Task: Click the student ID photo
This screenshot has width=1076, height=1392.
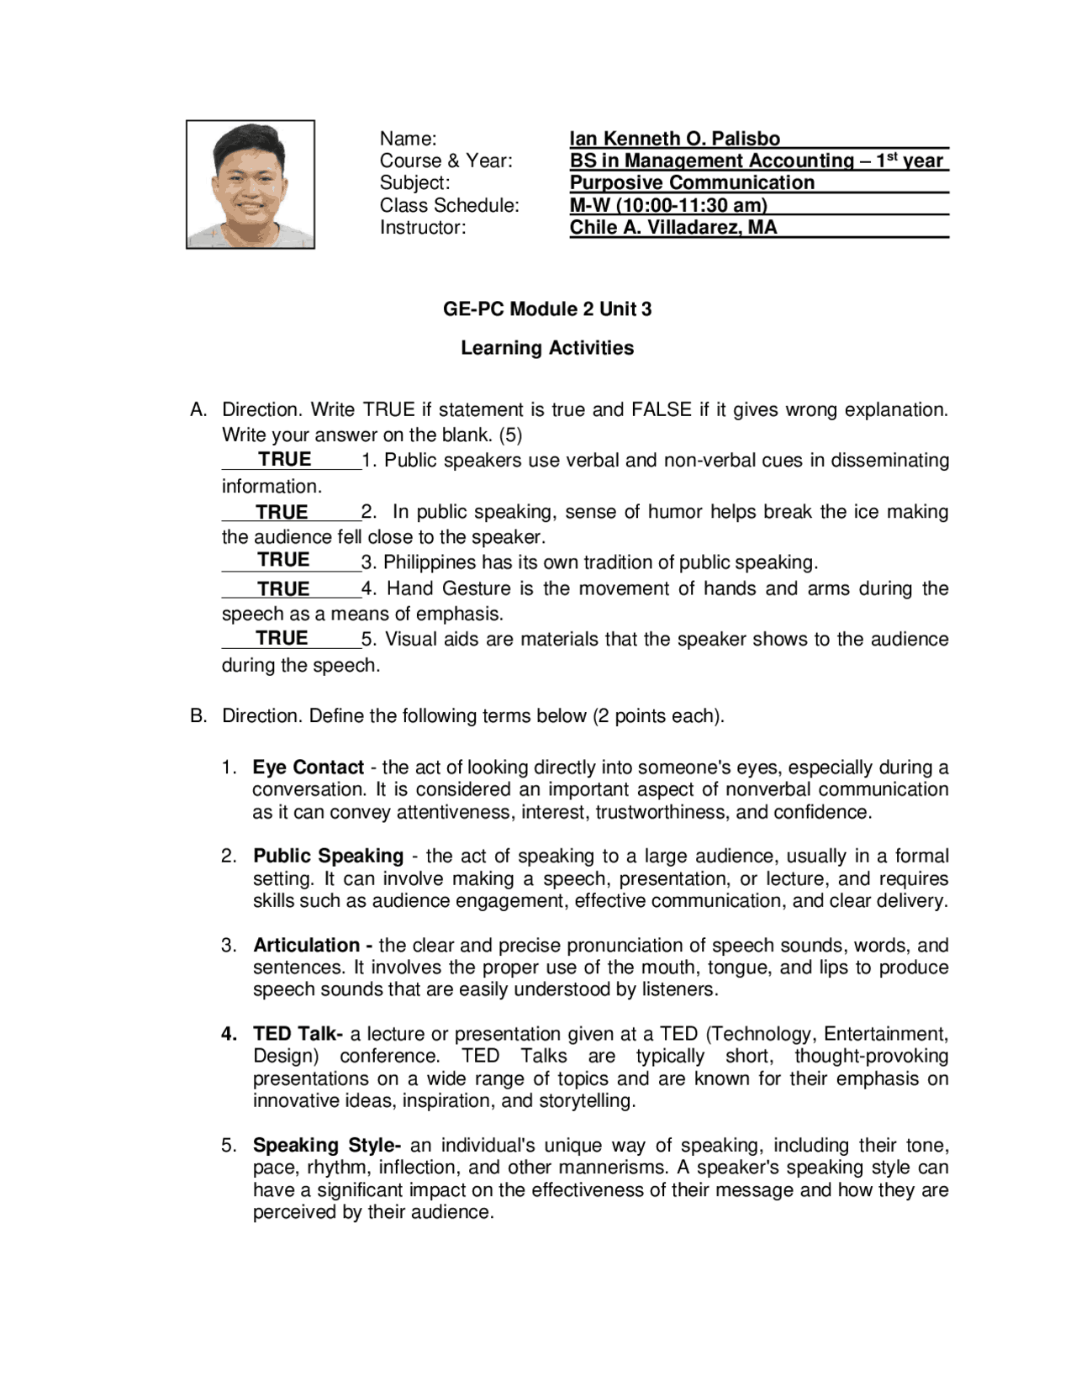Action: tap(251, 184)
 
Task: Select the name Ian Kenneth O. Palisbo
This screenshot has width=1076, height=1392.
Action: tap(674, 139)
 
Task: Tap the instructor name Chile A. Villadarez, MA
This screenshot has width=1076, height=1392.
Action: tap(672, 227)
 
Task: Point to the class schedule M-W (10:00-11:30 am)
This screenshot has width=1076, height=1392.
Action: tap(668, 205)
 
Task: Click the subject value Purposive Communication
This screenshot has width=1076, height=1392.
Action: tap(692, 182)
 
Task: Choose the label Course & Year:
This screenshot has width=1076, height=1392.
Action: tap(446, 161)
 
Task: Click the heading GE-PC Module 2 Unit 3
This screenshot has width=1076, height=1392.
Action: tap(547, 309)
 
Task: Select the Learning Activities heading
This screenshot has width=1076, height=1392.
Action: tap(547, 348)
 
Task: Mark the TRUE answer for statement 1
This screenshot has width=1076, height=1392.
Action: tap(284, 460)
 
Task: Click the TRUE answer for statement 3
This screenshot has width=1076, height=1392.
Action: tap(283, 560)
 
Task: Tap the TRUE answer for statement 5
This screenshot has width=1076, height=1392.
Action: tap(282, 638)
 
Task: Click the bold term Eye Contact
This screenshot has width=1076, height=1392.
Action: tap(308, 767)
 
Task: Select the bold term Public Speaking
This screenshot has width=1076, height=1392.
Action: tap(328, 856)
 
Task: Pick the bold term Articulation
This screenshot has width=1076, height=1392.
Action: tap(307, 945)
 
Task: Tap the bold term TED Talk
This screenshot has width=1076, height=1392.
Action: tap(294, 1034)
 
